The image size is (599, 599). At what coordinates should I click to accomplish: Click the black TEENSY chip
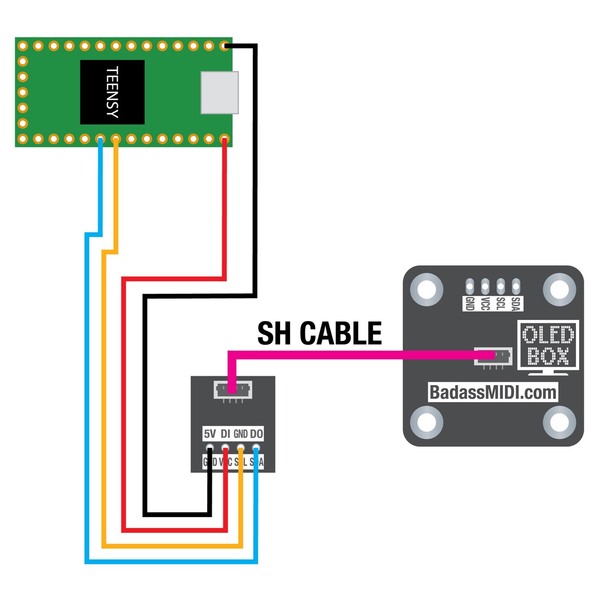(x=112, y=92)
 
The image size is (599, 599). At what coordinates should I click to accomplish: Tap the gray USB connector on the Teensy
(x=220, y=92)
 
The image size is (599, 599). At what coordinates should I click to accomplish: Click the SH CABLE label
(x=319, y=334)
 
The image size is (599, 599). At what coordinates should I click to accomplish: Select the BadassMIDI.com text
(x=492, y=393)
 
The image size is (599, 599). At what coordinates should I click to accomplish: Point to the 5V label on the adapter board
(x=210, y=433)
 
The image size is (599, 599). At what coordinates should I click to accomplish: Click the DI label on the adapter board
(x=225, y=433)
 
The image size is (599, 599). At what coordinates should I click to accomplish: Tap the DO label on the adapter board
(x=256, y=433)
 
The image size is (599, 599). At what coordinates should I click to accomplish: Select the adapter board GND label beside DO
(x=241, y=433)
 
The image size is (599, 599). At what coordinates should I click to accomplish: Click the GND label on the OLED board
(x=470, y=303)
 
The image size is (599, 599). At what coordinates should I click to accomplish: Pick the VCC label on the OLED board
(x=485, y=303)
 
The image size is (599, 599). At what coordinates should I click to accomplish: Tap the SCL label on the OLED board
(x=501, y=303)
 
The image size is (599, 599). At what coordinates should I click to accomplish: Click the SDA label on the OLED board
(x=516, y=303)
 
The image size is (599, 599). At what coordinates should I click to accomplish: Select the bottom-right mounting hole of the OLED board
(x=559, y=422)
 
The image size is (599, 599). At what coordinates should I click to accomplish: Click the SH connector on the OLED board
(x=493, y=356)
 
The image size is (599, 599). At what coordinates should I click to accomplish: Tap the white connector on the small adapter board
(x=233, y=389)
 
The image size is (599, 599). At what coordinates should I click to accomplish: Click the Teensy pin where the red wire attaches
(x=224, y=139)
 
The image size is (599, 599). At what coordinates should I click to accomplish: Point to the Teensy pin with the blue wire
(x=100, y=139)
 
